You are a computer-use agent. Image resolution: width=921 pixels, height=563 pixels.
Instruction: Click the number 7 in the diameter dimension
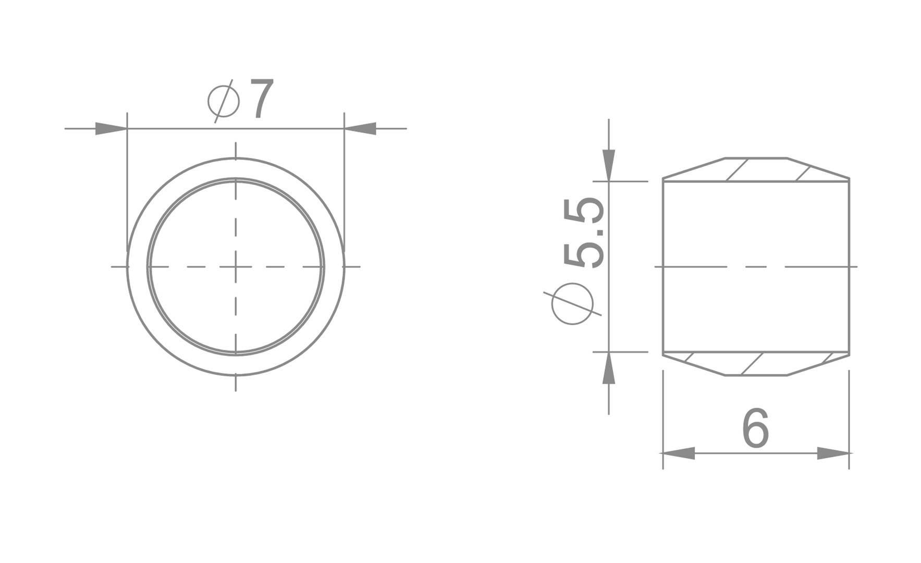(262, 99)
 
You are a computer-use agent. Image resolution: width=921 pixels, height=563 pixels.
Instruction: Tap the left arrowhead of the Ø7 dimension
(110, 128)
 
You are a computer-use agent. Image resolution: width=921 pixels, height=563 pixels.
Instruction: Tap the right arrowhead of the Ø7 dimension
(361, 128)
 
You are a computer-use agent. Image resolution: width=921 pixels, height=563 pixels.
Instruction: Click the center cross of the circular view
(236, 267)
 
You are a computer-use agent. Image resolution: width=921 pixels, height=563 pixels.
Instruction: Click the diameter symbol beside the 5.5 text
(572, 304)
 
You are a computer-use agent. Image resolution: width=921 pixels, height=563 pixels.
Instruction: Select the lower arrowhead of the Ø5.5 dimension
(609, 368)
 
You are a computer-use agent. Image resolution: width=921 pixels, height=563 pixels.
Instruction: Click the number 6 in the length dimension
(755, 429)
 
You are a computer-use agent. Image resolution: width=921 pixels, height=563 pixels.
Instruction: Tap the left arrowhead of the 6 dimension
(678, 453)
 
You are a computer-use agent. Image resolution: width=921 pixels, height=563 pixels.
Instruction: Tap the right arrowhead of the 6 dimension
(833, 453)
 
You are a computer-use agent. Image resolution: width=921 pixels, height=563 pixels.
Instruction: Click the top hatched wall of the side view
(756, 169)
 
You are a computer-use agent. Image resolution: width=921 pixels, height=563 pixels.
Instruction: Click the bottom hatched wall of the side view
(756, 364)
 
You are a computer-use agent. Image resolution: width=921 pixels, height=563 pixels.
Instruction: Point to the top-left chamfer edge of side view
(694, 168)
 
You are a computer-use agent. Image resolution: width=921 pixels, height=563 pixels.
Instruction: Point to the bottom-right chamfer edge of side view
(818, 365)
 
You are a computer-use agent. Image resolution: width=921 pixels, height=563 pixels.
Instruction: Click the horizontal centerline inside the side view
(756, 267)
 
